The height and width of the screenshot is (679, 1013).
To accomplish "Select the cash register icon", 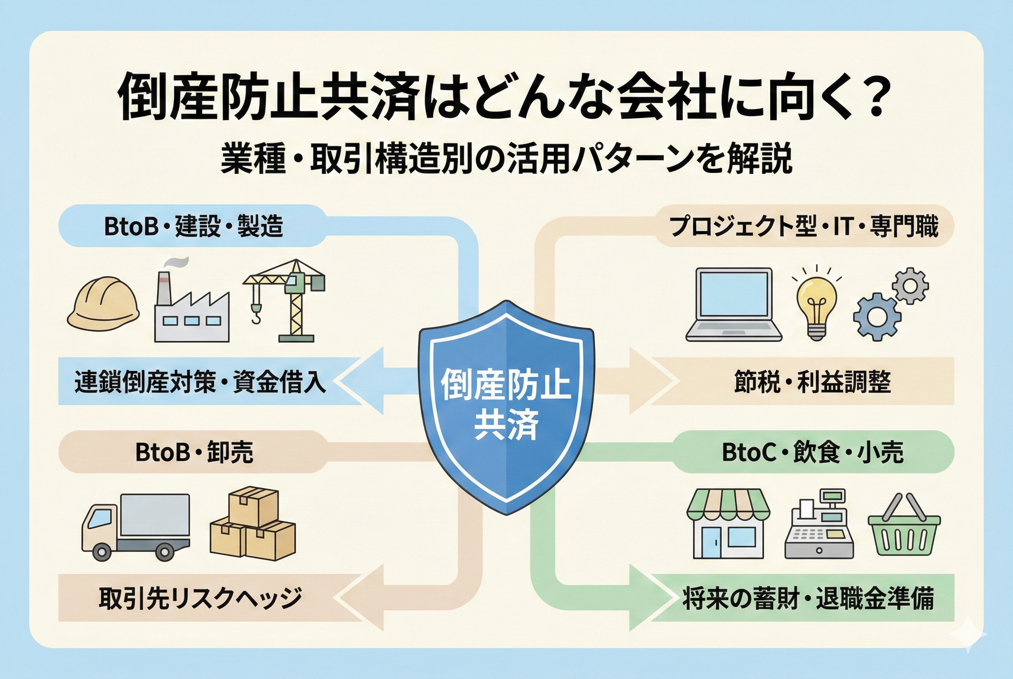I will (x=819, y=525).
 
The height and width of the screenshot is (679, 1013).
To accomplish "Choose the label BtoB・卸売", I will (x=194, y=452).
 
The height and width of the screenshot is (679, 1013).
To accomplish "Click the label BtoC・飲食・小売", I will (x=812, y=452).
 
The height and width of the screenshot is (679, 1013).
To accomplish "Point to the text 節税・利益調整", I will (x=812, y=382).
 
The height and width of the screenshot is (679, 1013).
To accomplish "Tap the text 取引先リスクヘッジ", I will (x=200, y=598).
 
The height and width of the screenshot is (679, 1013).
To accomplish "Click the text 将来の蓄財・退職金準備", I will (x=808, y=598).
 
